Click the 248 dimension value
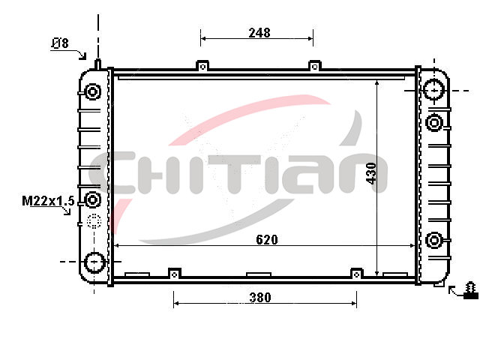[259, 32]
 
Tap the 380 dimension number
[260, 297]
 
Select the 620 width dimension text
[267, 240]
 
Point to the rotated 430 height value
[371, 173]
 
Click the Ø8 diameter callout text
[60, 43]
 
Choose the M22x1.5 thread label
[48, 201]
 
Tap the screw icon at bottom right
[470, 290]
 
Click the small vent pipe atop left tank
[97, 64]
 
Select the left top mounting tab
[202, 65]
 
